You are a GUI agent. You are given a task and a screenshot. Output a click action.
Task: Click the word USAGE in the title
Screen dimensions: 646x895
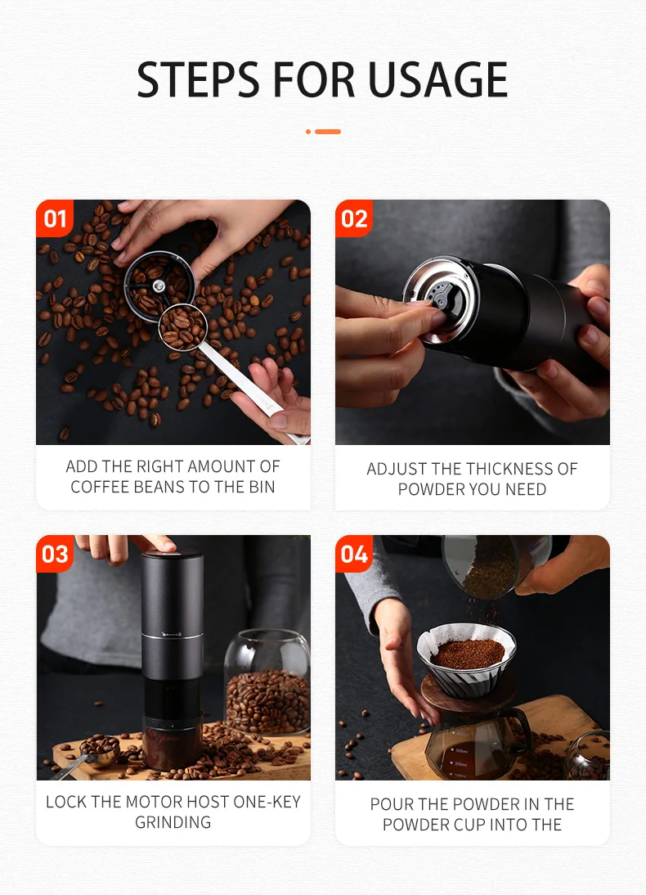point(437,79)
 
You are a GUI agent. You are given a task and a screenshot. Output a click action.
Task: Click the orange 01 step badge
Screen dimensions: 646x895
point(55,218)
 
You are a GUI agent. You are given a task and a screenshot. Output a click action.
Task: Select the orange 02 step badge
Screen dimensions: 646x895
point(354,218)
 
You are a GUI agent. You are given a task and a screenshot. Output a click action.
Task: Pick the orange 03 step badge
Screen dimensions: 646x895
point(55,554)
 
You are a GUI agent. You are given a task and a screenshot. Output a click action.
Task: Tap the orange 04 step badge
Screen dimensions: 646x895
point(354,554)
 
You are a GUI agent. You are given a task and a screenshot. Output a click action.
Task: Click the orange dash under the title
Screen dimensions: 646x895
point(328,132)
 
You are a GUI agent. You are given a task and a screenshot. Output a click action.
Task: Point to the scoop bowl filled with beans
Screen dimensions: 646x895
point(182,327)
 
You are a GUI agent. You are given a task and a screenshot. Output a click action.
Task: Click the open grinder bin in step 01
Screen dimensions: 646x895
point(159,286)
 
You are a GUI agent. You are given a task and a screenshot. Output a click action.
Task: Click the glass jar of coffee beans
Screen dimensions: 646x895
point(267,682)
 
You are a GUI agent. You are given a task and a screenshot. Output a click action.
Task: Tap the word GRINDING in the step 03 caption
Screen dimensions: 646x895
point(173,822)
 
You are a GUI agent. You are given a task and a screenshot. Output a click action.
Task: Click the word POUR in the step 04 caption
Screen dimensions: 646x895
point(392,803)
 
